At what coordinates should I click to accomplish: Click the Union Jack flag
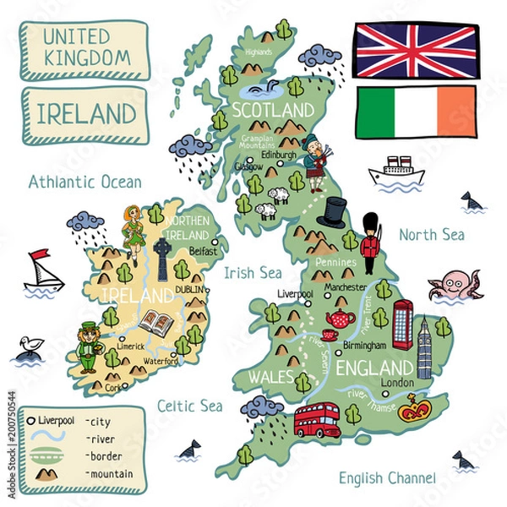(414, 51)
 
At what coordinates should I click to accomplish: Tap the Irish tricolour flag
(414, 112)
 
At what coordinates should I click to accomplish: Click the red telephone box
(402, 324)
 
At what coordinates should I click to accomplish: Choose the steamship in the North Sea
(394, 170)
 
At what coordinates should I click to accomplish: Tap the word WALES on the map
(266, 376)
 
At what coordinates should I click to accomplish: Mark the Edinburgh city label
(280, 155)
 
